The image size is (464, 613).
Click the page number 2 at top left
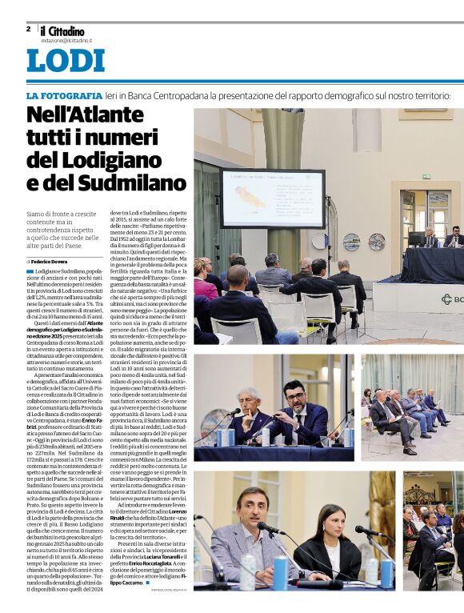pyautogui.click(x=28, y=29)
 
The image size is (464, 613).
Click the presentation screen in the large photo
pyautogui.click(x=272, y=198)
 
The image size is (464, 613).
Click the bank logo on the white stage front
pyautogui.click(x=447, y=299)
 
